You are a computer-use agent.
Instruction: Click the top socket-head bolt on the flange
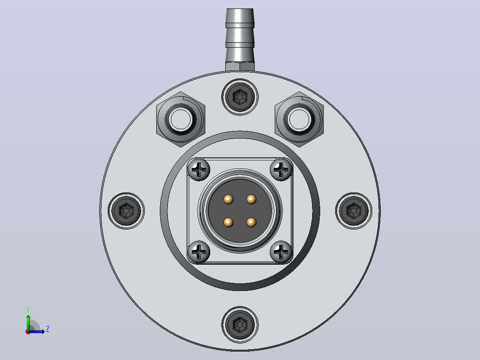tap(240, 97)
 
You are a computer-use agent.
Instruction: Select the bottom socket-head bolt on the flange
tap(240, 324)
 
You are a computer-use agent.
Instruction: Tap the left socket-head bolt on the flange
tap(126, 211)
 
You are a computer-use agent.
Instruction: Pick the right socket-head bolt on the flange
tap(354, 211)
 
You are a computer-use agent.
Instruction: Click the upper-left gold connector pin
tap(228, 200)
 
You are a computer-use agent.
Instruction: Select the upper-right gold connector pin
tap(251, 200)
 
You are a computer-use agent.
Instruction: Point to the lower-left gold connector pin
tap(228, 222)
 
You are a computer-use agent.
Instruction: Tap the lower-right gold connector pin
tap(251, 222)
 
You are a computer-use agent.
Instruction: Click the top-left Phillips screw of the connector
tap(199, 169)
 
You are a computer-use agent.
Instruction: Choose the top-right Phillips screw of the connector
tap(281, 169)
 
